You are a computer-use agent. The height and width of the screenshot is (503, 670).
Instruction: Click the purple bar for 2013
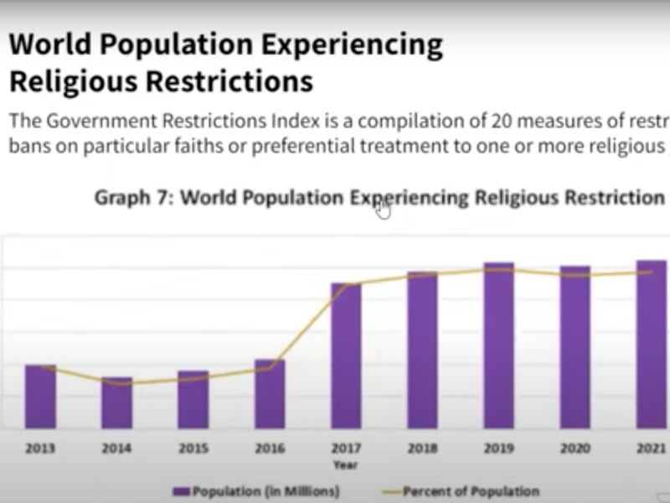[x=40, y=397]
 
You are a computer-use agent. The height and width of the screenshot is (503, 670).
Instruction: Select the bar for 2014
[x=116, y=402]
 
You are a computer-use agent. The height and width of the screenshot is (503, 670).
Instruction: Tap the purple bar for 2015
[x=193, y=400]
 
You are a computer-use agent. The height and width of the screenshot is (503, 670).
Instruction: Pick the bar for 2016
[x=270, y=394]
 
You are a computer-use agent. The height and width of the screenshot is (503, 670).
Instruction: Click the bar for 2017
[x=346, y=355]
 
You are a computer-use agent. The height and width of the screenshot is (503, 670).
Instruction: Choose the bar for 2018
[x=422, y=350]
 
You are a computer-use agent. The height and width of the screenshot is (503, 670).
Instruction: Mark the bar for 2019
[x=498, y=345]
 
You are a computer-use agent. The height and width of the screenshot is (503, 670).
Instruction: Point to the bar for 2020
[x=575, y=347]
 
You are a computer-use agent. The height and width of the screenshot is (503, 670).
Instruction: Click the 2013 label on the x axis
[x=40, y=449]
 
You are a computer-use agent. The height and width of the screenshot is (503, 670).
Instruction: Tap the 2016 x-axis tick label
[x=270, y=449]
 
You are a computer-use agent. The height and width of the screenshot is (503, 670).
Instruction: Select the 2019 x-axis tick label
[x=498, y=449]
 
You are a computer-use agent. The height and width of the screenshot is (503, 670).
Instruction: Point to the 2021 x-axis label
[x=651, y=449]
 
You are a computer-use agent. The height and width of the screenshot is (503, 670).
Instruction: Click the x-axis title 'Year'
[x=345, y=464]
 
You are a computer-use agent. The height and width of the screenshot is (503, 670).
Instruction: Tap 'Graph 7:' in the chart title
[x=134, y=198]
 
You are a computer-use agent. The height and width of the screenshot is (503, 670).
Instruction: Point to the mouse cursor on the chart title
[x=383, y=210]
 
